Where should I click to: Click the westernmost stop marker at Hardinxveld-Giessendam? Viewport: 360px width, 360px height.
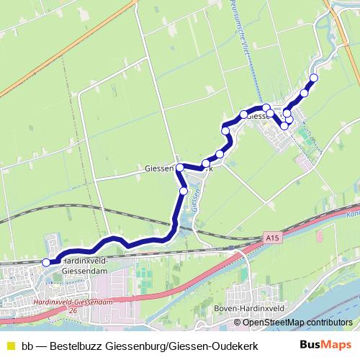[x=47, y=263]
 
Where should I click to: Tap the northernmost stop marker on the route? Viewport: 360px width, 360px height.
[x=313, y=78]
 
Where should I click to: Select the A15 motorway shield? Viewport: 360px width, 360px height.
[x=270, y=236]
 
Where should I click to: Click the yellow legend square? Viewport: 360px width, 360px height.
[x=10, y=345]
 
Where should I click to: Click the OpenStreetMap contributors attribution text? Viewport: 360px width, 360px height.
[x=298, y=322]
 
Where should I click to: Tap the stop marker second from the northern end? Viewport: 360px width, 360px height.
[x=305, y=93]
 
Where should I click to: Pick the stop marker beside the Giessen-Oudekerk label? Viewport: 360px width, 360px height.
[x=180, y=167]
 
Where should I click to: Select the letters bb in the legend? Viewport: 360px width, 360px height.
[x=27, y=345]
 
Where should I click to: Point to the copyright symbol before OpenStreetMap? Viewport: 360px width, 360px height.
[x=238, y=322]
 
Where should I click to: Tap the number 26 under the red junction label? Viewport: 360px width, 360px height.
[x=72, y=310]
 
